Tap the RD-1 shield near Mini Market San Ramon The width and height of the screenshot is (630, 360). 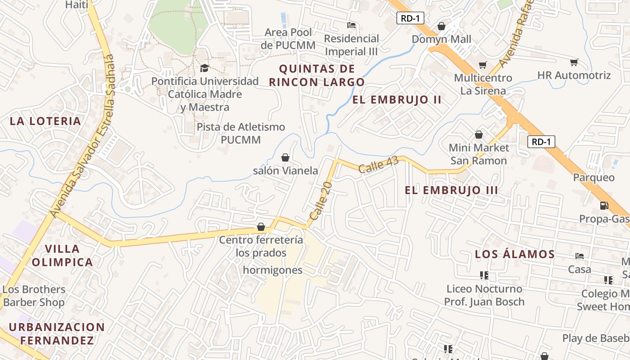click(541, 142)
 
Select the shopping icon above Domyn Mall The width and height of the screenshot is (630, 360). click(441, 26)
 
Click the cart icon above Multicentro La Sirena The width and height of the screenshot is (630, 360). click(482, 65)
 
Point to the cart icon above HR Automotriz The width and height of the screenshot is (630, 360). click(574, 62)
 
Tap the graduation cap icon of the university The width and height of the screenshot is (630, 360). click(204, 68)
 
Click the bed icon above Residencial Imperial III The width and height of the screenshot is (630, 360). click(351, 25)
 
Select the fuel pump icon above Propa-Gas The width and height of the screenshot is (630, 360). click(604, 206)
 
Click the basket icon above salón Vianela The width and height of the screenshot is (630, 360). click(285, 157)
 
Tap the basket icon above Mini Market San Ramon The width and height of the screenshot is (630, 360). click(479, 135)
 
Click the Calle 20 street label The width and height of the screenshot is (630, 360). click(321, 201)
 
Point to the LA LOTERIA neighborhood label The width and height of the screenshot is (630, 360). click(45, 121)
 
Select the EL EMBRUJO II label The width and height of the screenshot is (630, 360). click(397, 100)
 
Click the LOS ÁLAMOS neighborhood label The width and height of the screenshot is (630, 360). click(515, 254)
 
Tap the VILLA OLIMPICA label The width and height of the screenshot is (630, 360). click(62, 255)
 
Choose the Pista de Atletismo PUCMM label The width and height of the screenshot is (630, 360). click(241, 133)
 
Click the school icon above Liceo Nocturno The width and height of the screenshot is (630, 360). click(484, 275)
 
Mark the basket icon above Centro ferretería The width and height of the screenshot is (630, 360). click(261, 227)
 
